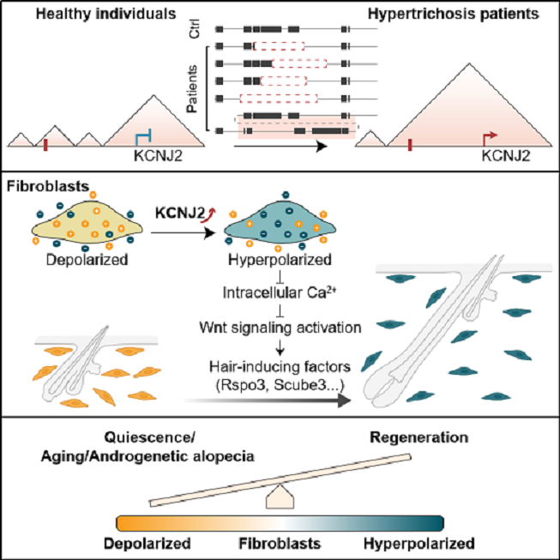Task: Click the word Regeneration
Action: click(419, 438)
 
